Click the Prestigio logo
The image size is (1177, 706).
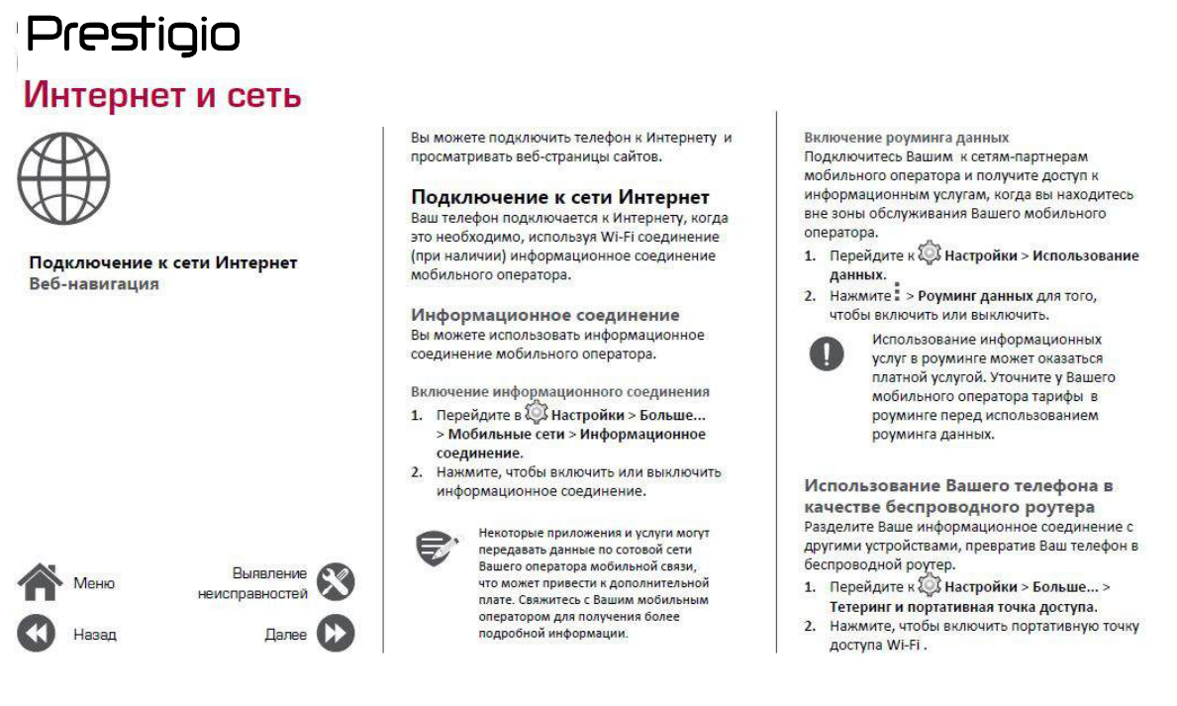pos(134,37)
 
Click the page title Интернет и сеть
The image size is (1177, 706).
pos(162,97)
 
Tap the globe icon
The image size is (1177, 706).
pos(64,178)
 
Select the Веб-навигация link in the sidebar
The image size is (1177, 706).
pos(94,284)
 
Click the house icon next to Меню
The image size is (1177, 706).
pos(40,583)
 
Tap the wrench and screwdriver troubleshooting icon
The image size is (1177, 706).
pos(336,583)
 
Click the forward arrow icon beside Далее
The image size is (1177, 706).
pos(336,635)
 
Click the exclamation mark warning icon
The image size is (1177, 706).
pos(827,353)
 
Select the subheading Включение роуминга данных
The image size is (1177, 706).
pos(906,138)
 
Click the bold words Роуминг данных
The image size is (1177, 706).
pos(975,296)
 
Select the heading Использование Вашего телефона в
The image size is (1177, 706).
pos(957,486)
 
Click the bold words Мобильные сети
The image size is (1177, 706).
pos(505,434)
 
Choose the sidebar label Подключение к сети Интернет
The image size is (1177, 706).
pos(162,263)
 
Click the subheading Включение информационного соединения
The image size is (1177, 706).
pos(559,391)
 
